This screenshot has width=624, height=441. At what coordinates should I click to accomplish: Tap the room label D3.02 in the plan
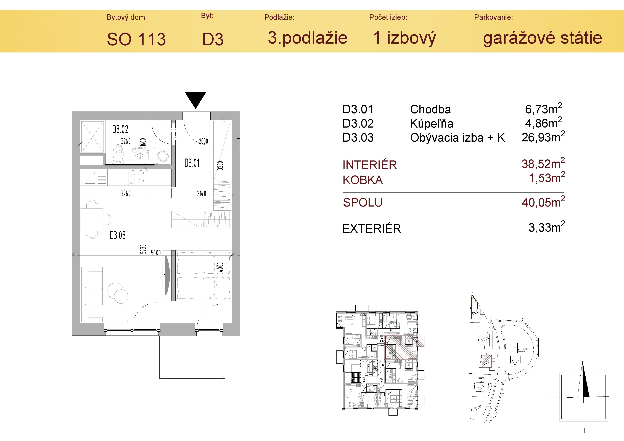(120, 129)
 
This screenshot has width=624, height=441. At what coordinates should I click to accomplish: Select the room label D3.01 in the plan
(192, 163)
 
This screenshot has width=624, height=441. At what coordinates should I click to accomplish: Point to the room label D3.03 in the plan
(118, 235)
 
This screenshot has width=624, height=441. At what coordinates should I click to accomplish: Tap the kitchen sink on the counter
(89, 177)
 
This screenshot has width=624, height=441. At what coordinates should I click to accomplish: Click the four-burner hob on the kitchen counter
(137, 177)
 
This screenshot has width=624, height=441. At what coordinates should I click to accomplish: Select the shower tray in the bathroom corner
(92, 137)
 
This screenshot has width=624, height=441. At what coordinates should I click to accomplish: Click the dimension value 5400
(156, 253)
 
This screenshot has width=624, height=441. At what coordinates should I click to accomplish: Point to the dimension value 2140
(201, 194)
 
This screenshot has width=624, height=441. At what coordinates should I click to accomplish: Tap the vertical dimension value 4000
(220, 267)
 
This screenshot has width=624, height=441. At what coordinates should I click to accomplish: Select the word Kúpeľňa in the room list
(432, 124)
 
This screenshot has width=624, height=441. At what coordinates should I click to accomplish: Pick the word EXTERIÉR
(372, 229)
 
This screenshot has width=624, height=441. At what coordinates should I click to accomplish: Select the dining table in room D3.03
(92, 219)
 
